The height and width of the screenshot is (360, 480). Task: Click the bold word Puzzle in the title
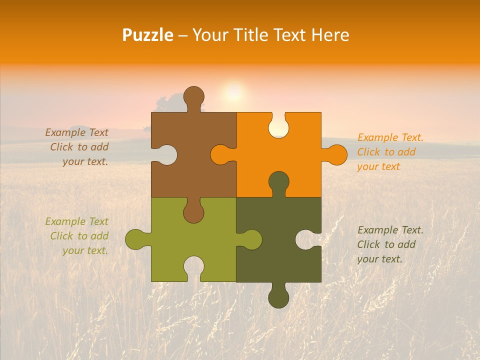(148, 35)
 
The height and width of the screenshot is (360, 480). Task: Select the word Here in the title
(329, 35)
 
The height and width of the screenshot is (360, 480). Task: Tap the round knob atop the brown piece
(194, 96)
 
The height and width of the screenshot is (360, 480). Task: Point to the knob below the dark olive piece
(278, 297)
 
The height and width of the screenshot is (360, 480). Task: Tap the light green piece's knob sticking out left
(135, 239)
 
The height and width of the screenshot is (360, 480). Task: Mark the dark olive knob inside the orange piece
(278, 182)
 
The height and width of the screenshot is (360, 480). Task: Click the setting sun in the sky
(233, 92)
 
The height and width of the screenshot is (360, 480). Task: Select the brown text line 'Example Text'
(76, 132)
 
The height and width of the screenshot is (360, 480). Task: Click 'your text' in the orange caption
(378, 166)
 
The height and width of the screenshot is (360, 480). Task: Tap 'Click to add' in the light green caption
(79, 236)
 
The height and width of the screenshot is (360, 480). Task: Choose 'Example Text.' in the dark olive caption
(390, 230)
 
